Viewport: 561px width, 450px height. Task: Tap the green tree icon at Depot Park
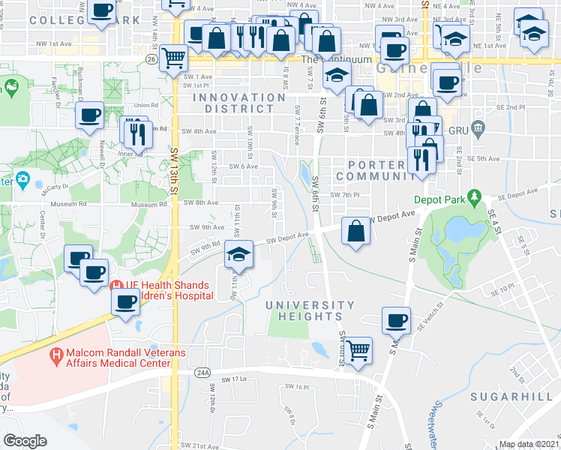(x=473, y=198)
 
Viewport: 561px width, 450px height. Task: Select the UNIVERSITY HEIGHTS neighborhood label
(x=310, y=310)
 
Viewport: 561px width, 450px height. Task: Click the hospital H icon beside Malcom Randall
(x=56, y=354)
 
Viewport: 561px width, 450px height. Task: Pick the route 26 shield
(x=151, y=58)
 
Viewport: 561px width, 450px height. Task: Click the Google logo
(x=25, y=441)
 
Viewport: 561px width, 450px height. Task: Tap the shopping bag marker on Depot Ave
(x=355, y=230)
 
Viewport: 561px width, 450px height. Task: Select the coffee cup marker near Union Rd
(x=90, y=115)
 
